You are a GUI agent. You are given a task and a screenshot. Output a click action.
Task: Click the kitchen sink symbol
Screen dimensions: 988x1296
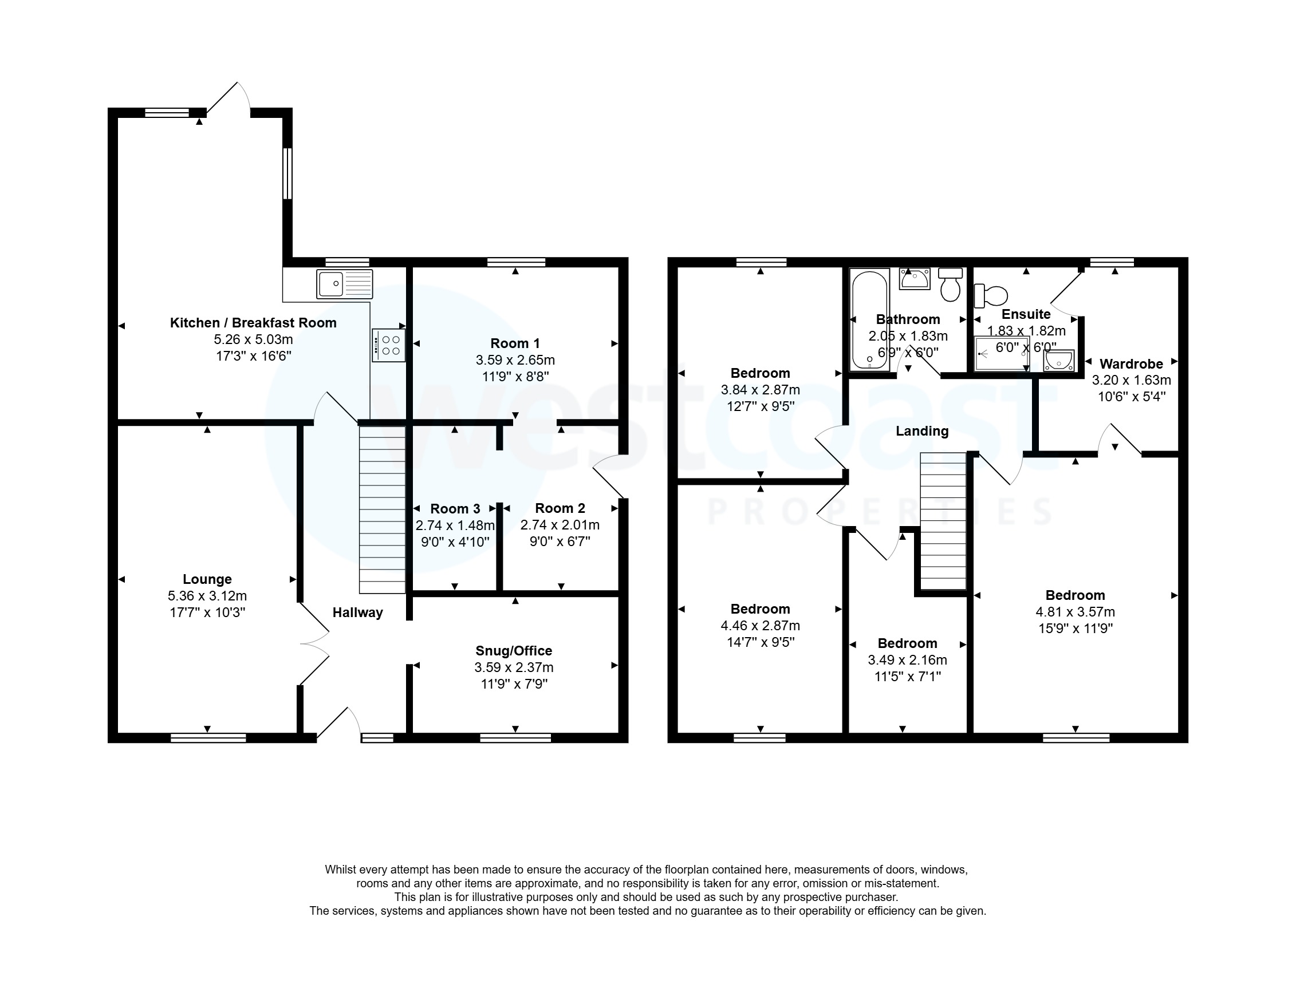[344, 284]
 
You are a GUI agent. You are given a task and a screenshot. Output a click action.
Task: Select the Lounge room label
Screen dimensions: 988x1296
[207, 579]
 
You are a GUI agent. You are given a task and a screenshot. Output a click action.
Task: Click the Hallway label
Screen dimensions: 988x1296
[358, 613]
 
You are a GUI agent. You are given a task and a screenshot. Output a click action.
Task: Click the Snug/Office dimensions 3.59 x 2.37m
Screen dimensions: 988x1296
[514, 667]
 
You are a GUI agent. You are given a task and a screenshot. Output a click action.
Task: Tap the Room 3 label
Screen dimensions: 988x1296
[455, 509]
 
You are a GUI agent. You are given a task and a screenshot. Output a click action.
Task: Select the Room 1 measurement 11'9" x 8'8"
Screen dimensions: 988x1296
[515, 377]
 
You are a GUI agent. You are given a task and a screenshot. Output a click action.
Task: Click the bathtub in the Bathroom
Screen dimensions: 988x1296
[869, 319]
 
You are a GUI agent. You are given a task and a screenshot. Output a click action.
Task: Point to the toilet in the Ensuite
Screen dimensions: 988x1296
[991, 295]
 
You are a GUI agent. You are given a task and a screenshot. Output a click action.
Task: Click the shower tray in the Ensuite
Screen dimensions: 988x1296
[1002, 353]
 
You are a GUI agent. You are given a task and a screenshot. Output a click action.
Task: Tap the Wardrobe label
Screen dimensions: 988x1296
[1130, 364]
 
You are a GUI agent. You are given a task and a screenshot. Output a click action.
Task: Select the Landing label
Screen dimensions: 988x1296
[922, 432]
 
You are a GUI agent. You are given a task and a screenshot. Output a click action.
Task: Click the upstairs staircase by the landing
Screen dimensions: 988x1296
[943, 521]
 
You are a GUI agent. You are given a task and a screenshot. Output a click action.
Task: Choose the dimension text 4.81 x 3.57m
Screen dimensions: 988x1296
[1075, 611]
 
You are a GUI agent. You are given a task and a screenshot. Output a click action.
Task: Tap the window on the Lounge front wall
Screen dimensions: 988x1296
[208, 738]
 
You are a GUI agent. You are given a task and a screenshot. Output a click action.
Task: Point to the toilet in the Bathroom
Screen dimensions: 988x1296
[950, 284]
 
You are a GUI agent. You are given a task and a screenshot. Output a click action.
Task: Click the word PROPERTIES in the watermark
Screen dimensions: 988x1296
[880, 512]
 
